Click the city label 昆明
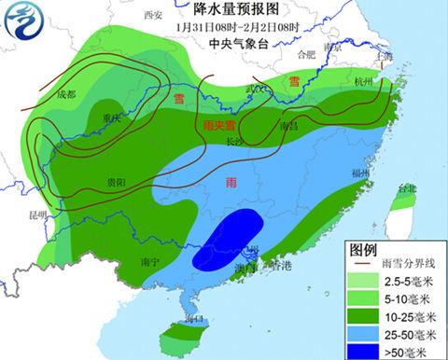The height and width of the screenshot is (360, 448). coord(37,215)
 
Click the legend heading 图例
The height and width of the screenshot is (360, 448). coord(362,249)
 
